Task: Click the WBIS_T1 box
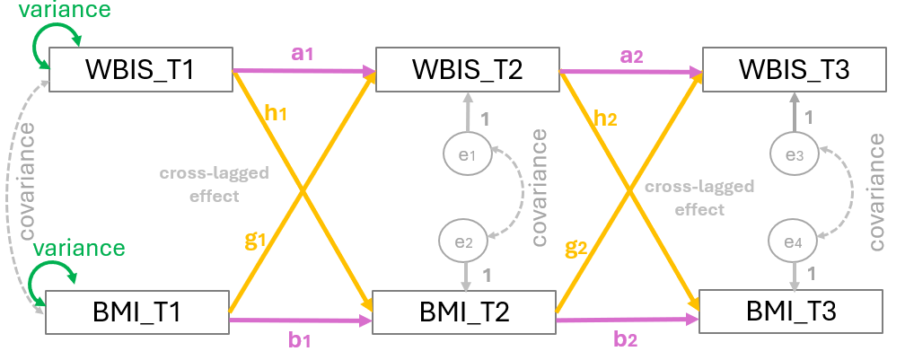[x=141, y=68]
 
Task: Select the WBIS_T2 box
[x=467, y=68]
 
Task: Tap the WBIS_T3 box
[x=792, y=68]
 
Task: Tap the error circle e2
[x=463, y=241]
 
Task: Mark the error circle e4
[x=794, y=241]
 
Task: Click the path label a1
[x=303, y=52]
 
